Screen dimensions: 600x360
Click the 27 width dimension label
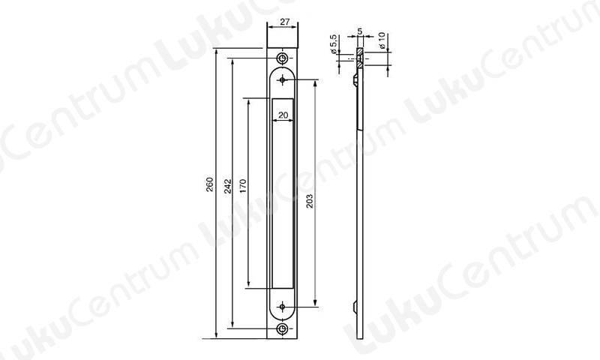click(284, 22)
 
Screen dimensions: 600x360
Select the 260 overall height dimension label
click(210, 184)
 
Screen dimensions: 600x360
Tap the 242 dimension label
click(228, 186)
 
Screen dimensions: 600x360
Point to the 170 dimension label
click(243, 186)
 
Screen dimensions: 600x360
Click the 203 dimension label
click(309, 201)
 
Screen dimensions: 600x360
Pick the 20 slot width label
click(283, 115)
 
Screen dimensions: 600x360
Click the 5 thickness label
click(359, 31)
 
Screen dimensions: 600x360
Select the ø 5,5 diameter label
click(333, 44)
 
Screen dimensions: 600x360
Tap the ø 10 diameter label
click(381, 40)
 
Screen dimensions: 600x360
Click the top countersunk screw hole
click(283, 58)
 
